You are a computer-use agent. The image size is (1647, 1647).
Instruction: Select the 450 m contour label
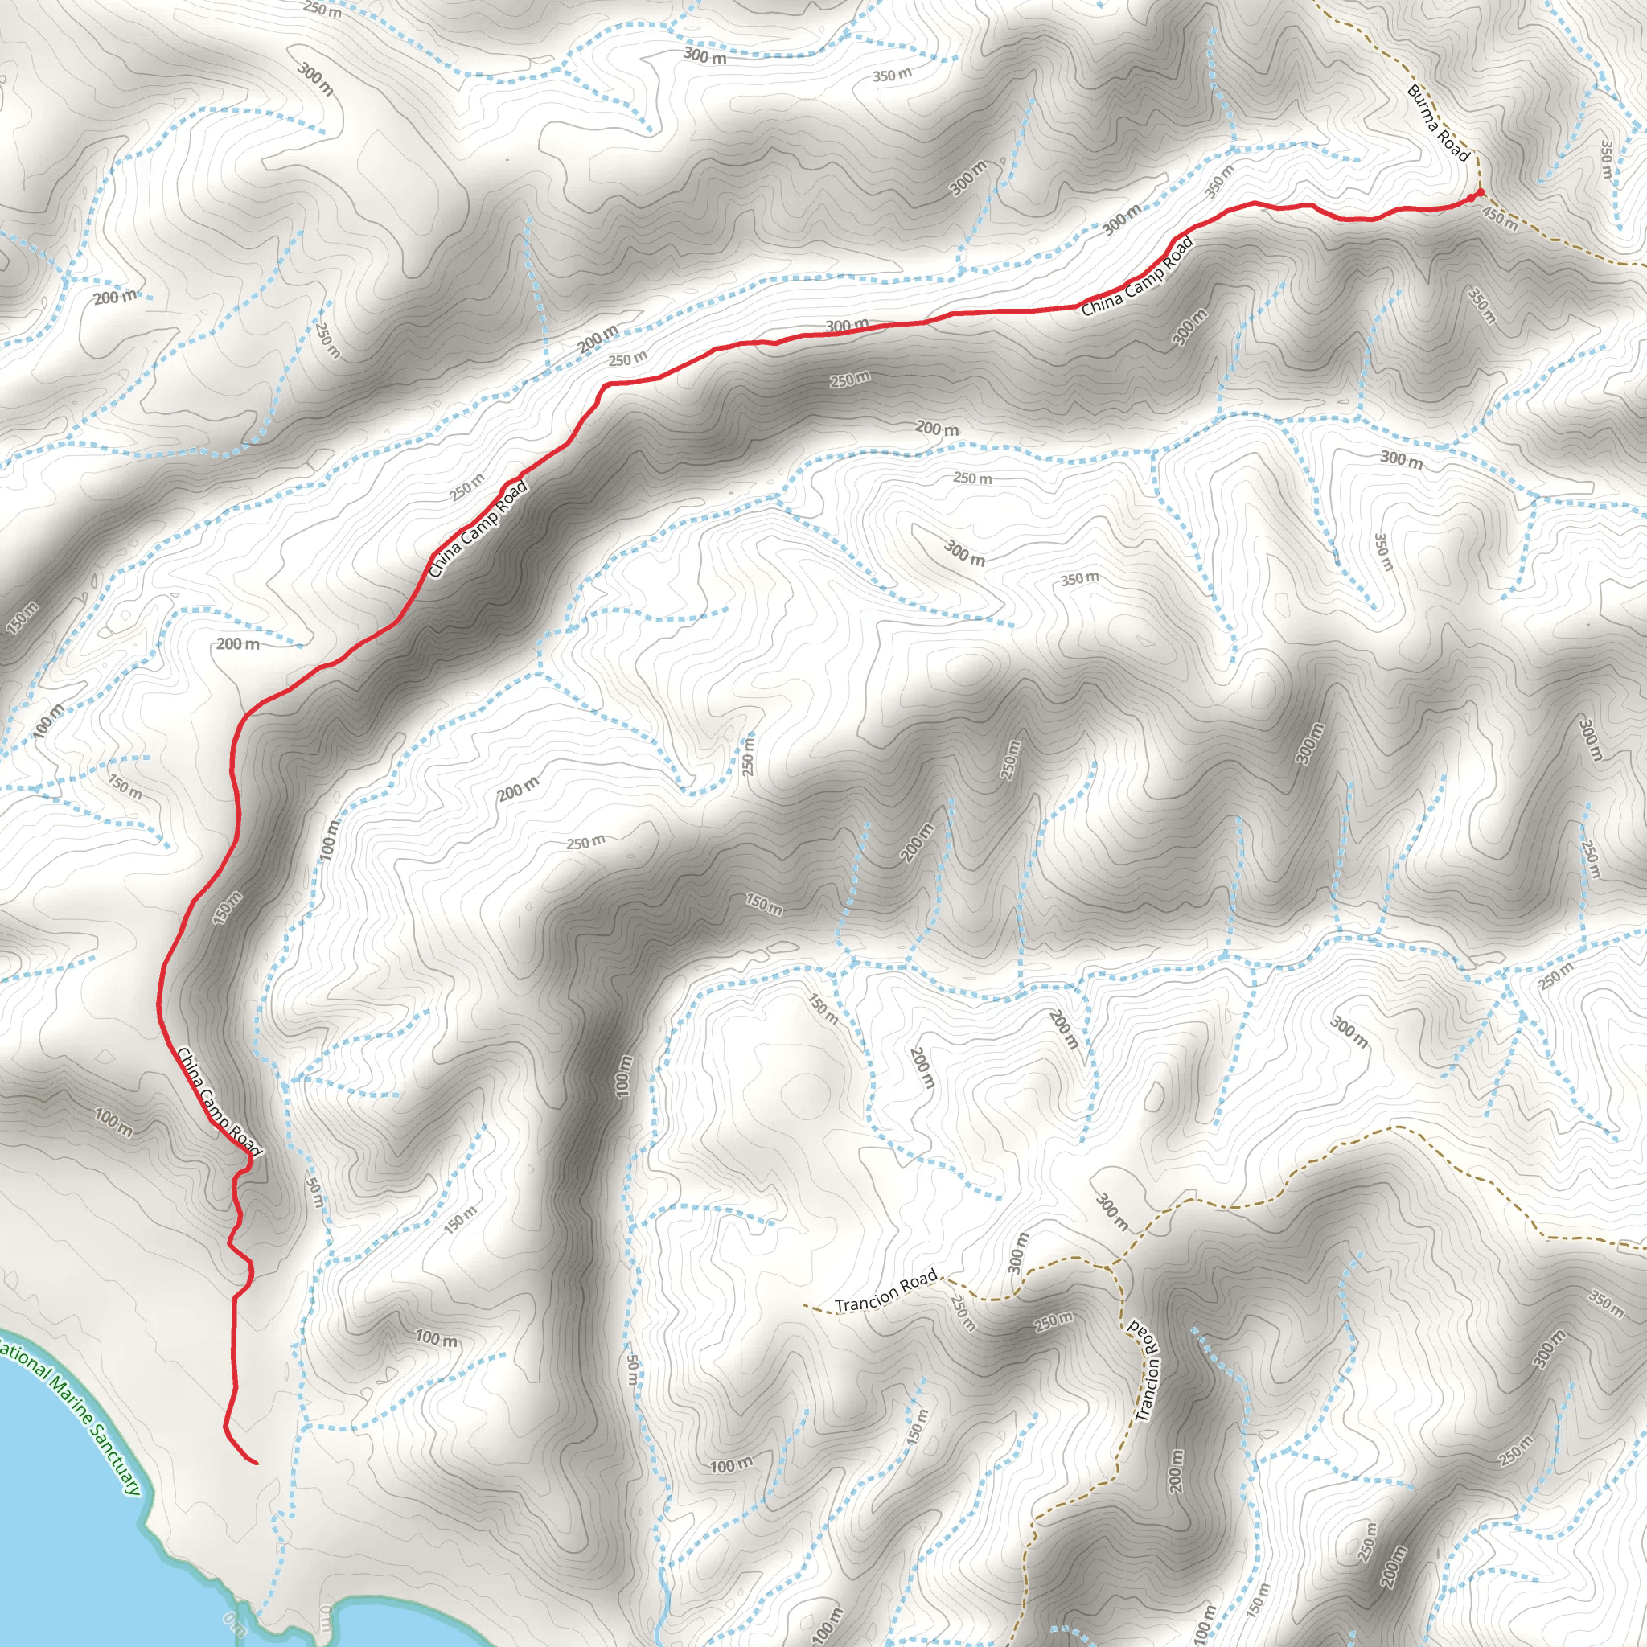pyautogui.click(x=1500, y=219)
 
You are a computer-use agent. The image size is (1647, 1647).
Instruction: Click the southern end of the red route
pyautogui.click(x=255, y=1463)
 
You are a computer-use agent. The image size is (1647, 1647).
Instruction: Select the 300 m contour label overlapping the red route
pyautogui.click(x=847, y=326)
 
